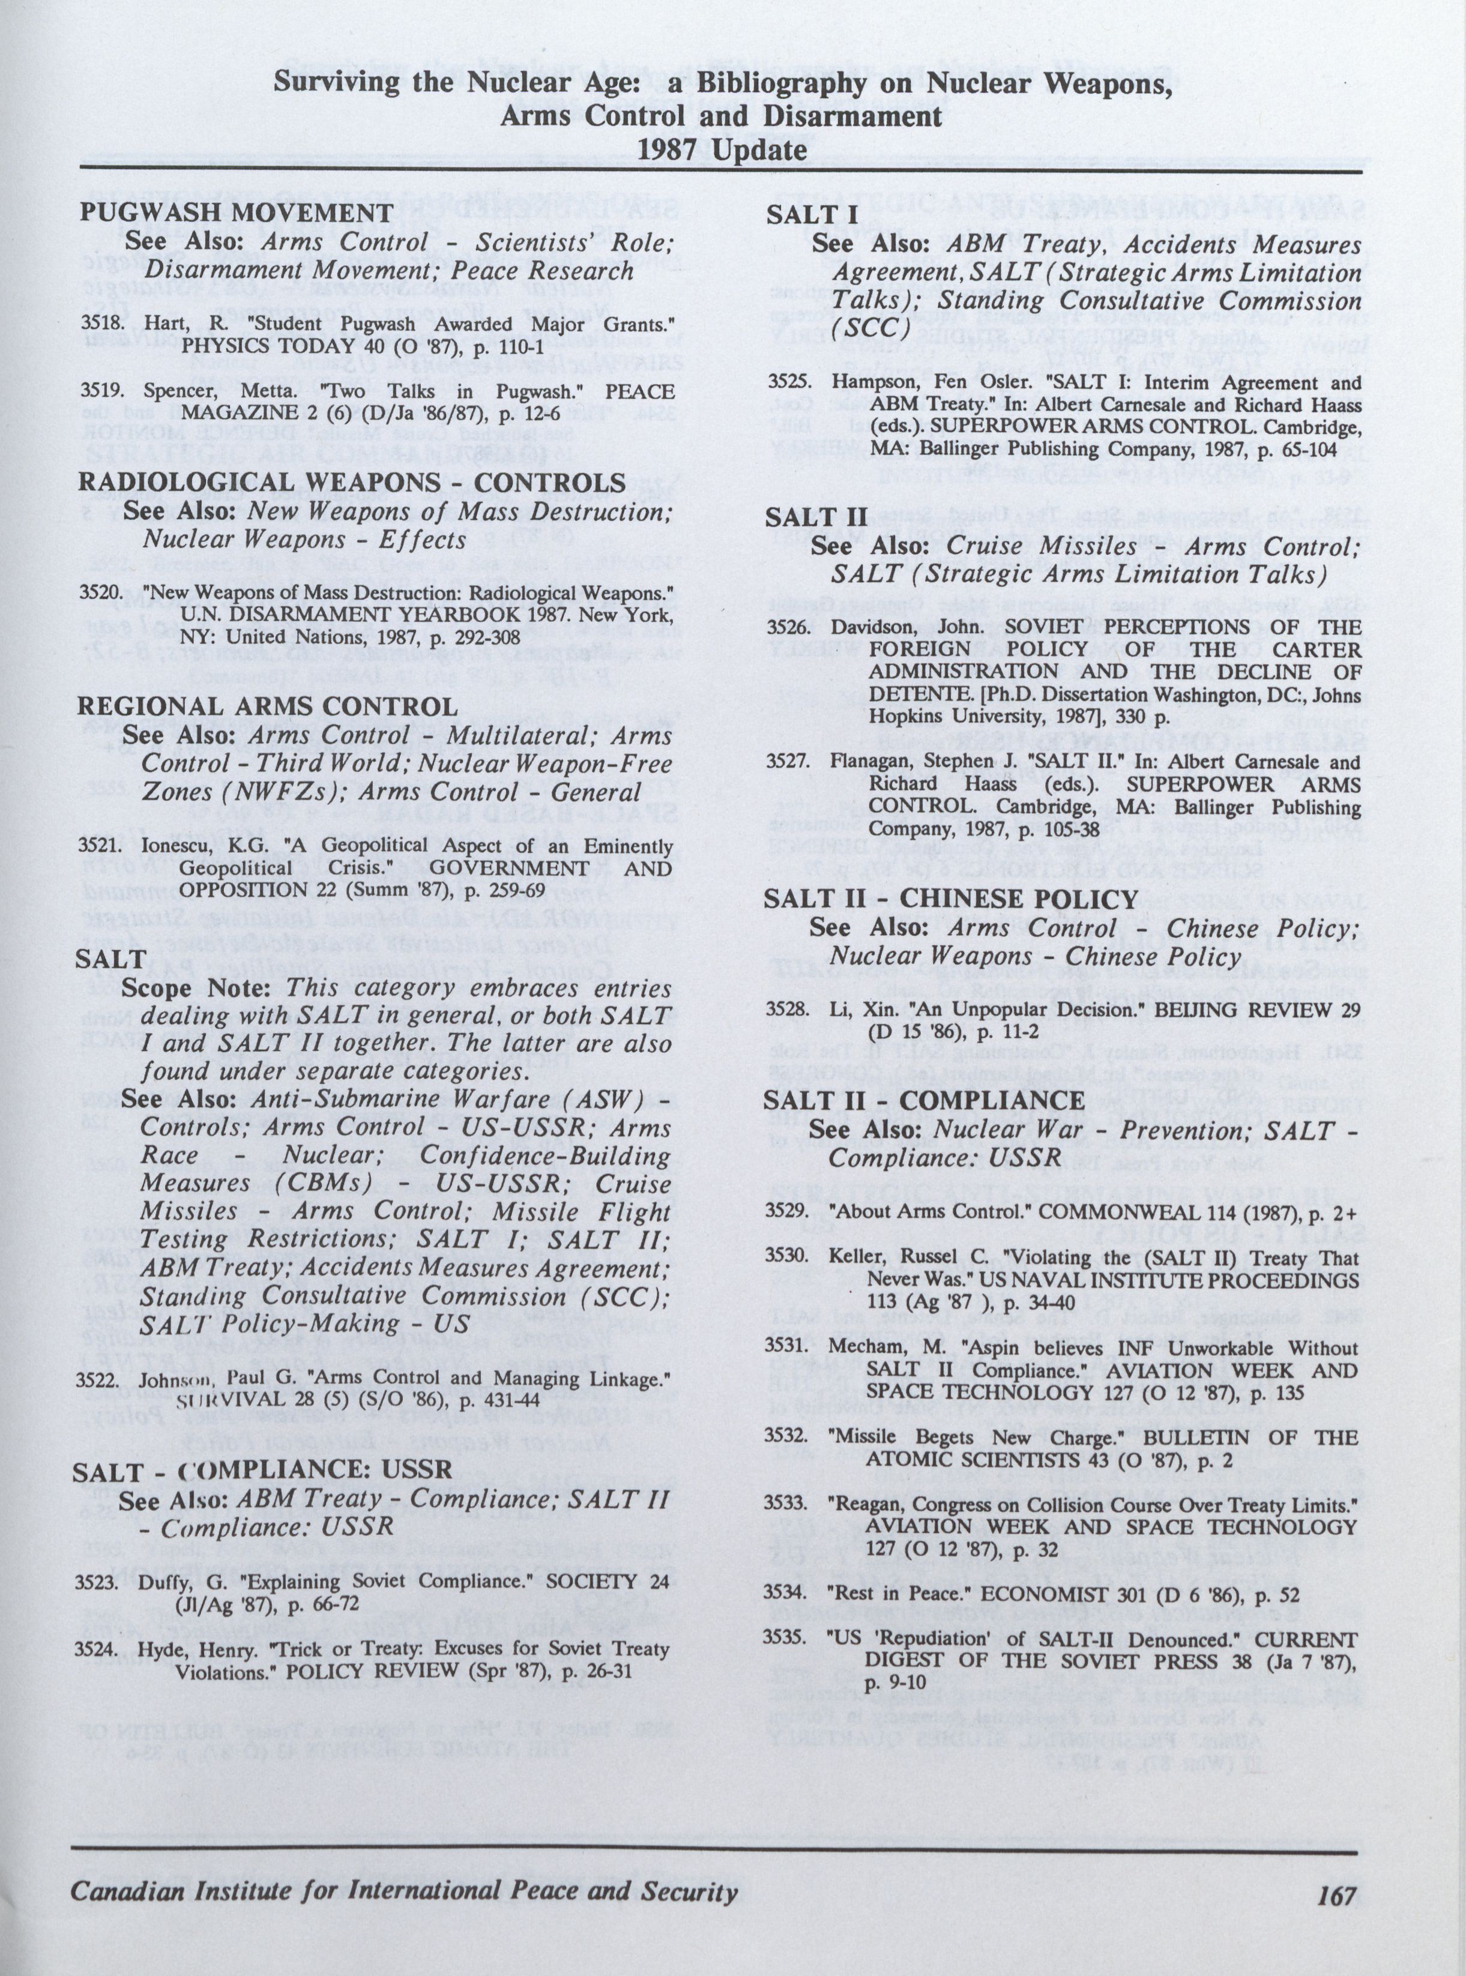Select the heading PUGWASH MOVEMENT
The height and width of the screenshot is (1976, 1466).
pos(235,213)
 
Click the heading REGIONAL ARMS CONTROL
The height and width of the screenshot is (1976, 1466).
pos(268,706)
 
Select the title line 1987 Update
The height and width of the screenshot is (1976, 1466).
pos(722,149)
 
